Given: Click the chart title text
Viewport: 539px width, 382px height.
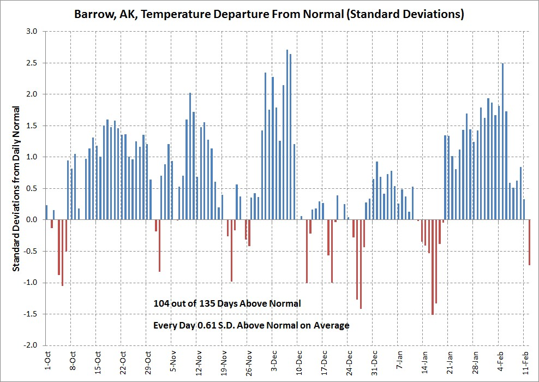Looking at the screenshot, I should pos(269,14).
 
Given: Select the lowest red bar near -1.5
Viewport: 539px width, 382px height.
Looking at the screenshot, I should pos(433,267).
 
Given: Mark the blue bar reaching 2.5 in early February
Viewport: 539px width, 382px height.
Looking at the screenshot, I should pos(502,141).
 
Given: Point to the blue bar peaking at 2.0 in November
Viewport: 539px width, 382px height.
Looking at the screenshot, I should pos(190,156).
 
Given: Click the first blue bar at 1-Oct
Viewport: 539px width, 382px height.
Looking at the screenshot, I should pos(47,212).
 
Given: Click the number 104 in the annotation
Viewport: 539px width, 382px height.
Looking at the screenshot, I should pos(163,303).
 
